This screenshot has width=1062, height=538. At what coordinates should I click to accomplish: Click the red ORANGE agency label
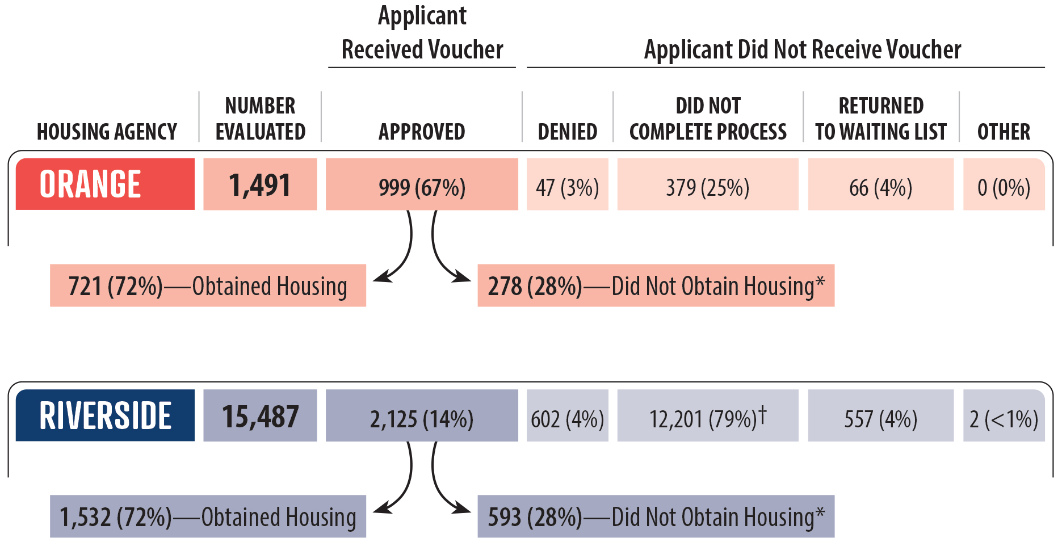tap(105, 184)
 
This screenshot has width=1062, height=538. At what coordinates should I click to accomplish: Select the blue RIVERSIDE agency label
tap(105, 415)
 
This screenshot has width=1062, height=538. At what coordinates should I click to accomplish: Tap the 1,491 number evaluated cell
tap(260, 184)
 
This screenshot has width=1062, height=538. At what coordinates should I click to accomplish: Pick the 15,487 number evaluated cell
tap(260, 415)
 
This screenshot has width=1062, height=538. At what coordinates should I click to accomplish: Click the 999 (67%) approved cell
tap(422, 184)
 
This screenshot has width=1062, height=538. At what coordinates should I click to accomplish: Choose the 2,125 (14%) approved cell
tap(422, 415)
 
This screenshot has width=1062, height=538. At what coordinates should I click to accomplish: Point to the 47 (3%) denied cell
tap(568, 184)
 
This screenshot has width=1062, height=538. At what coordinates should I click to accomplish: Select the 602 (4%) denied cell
tap(568, 415)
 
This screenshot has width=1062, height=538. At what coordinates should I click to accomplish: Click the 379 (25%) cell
tap(708, 184)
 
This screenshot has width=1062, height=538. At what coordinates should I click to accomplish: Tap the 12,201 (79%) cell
tap(708, 415)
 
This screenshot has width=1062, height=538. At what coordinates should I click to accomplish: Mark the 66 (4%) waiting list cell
tap(880, 184)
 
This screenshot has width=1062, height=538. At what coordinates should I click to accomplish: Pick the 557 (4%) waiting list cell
tap(880, 415)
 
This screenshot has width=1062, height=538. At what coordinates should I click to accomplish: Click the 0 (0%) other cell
tap(1004, 184)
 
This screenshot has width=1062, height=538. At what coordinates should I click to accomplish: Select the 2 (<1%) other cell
tap(1004, 415)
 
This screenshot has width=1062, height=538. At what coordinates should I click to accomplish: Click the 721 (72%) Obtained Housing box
tap(208, 285)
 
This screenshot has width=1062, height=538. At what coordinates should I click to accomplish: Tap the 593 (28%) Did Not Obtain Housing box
tap(656, 516)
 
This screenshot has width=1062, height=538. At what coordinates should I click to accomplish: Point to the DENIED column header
tap(568, 132)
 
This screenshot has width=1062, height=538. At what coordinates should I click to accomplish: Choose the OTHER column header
tap(1004, 132)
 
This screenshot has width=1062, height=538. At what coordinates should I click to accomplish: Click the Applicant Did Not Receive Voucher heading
tap(802, 50)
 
